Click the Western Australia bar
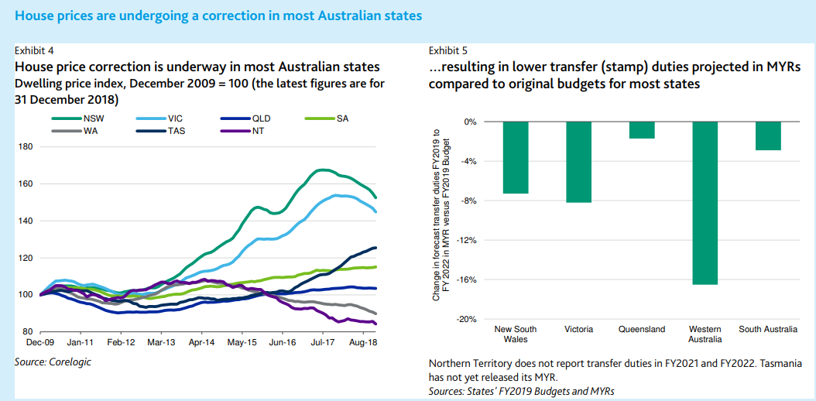(705, 203)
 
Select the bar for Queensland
(641, 130)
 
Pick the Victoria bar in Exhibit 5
(578, 162)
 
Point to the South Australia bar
(767, 135)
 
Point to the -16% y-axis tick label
(465, 280)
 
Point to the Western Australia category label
(705, 334)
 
